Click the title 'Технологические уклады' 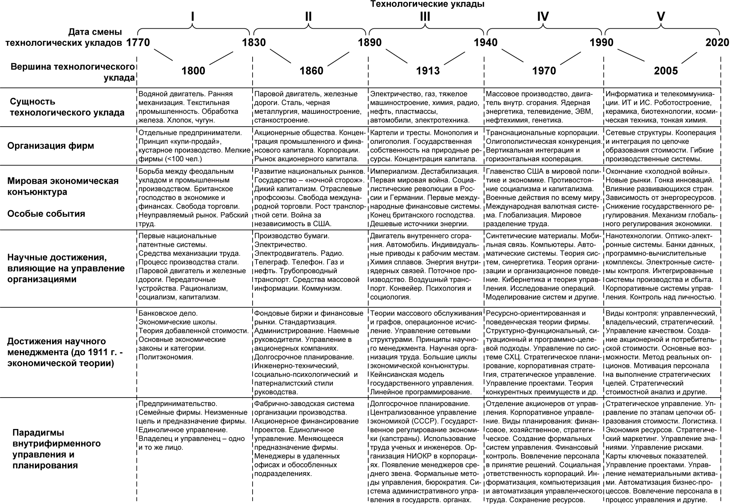(428, 4)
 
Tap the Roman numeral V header (661, 17)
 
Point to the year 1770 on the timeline (138, 42)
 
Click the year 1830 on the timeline (254, 42)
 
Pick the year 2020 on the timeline (717, 42)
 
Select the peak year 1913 (428, 71)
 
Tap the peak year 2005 (666, 71)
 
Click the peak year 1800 (193, 71)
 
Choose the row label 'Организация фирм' (51, 146)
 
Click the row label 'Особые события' (46, 214)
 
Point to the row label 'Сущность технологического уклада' (67, 107)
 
